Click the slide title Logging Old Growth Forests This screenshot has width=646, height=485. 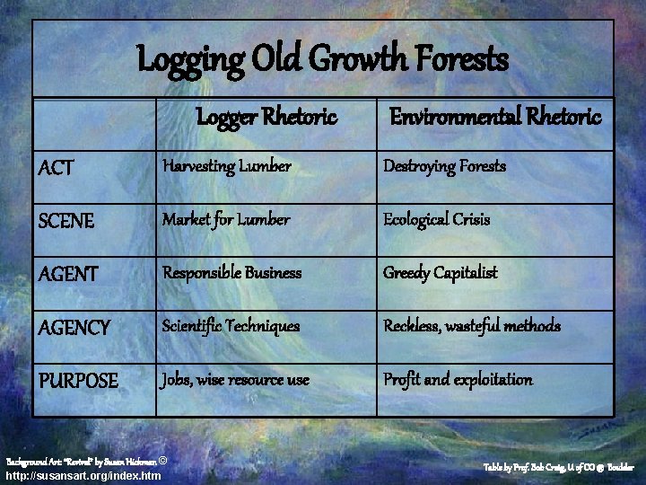pyautogui.click(x=323, y=61)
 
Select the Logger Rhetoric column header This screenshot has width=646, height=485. pyautogui.click(x=266, y=117)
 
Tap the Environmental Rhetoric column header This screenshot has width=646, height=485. pyautogui.click(x=494, y=117)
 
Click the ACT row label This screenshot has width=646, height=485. pyautogui.click(x=57, y=168)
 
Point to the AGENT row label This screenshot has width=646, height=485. pyautogui.click(x=69, y=274)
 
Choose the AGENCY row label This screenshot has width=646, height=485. pyautogui.click(x=74, y=328)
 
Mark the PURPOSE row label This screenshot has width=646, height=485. pyautogui.click(x=79, y=381)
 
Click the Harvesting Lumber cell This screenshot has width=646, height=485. pyautogui.click(x=226, y=167)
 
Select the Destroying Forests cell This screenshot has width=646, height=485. pyautogui.click(x=444, y=167)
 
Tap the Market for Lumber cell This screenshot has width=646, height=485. pyautogui.click(x=225, y=220)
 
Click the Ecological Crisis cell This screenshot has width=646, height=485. pyautogui.click(x=436, y=220)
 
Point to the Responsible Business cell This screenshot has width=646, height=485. pyautogui.click(x=231, y=273)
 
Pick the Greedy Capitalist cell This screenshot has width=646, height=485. pyautogui.click(x=440, y=273)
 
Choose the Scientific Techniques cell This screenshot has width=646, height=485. pyautogui.click(x=231, y=326)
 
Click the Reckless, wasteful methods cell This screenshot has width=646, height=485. pyautogui.click(x=472, y=326)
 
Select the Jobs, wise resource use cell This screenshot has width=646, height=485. pyautogui.click(x=235, y=380)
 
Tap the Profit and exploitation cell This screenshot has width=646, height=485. pyautogui.click(x=458, y=380)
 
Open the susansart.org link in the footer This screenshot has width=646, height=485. pyautogui.click(x=83, y=476)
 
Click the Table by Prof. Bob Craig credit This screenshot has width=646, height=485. pyautogui.click(x=559, y=468)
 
